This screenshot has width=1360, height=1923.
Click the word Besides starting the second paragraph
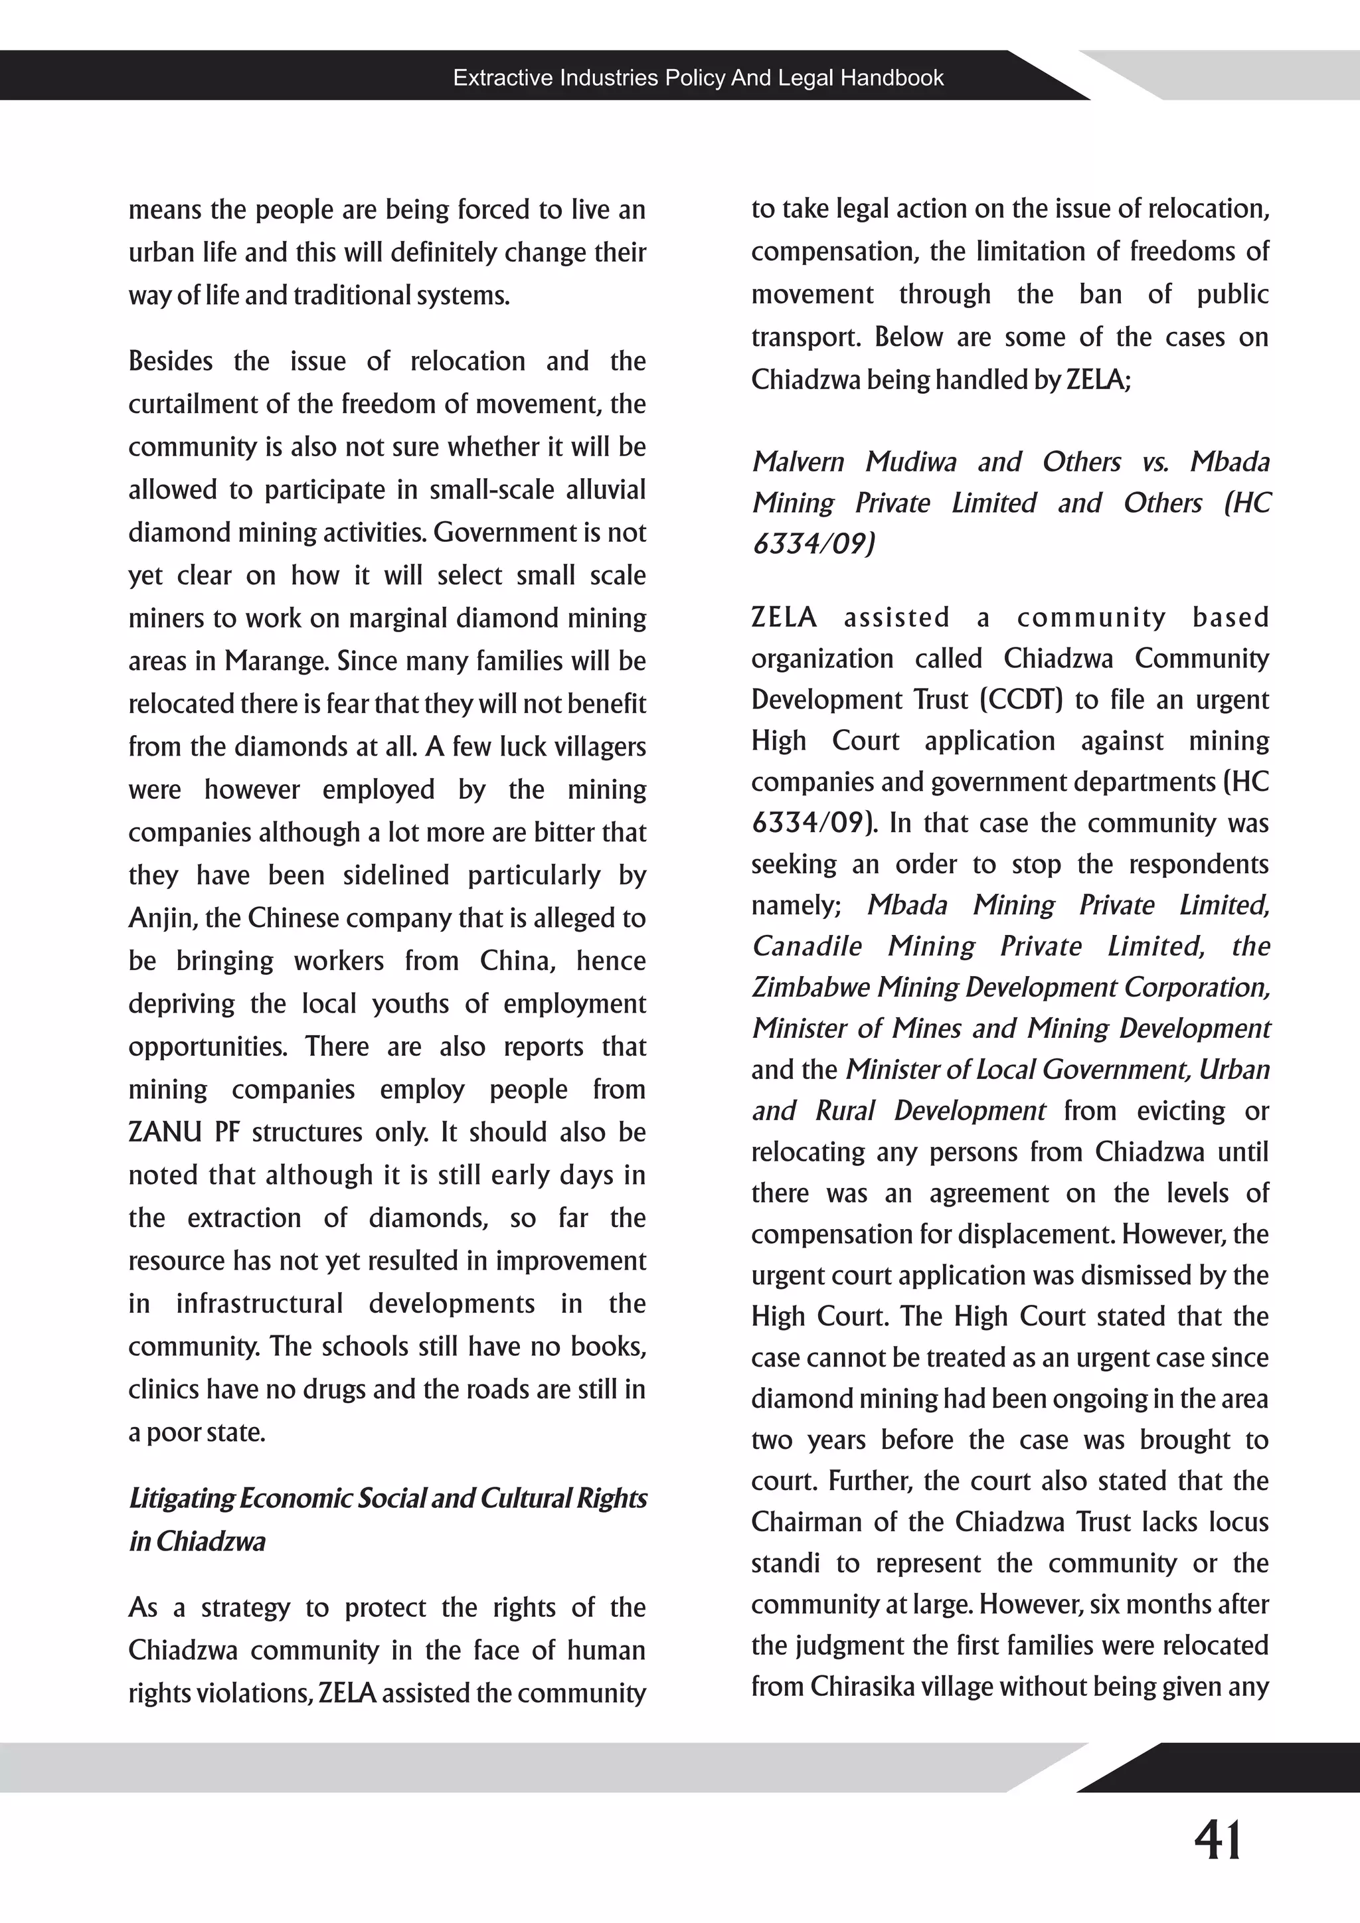(170, 362)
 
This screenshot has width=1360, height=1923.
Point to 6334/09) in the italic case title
(813, 544)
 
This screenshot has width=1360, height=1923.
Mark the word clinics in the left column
(157, 1390)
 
